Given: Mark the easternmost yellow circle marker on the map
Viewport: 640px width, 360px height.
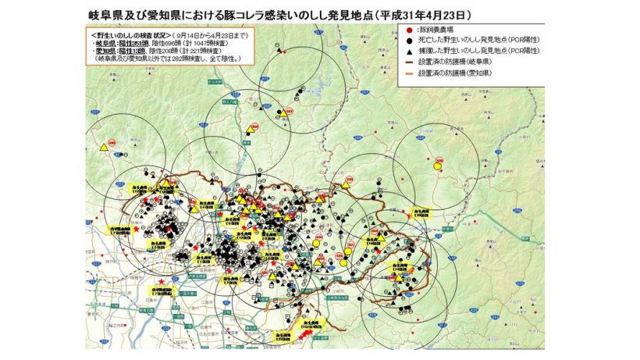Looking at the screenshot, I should tap(438, 166).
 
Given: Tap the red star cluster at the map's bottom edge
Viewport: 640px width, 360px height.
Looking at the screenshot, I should tap(305, 334).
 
